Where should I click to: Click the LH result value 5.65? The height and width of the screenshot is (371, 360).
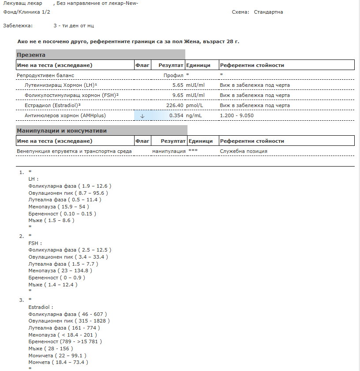coord(177,85)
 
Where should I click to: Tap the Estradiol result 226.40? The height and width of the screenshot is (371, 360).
coord(174,105)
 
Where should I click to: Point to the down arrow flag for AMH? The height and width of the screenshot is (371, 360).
coord(142,116)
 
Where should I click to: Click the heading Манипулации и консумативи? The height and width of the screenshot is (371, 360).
coord(61,131)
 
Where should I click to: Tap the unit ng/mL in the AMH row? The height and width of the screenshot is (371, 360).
coord(195,115)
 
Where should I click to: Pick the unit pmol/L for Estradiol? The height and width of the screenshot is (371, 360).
coord(195,105)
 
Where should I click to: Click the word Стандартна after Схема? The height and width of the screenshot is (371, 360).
coord(268,12)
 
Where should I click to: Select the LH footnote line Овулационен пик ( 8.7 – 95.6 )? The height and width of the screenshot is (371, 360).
coord(68,193)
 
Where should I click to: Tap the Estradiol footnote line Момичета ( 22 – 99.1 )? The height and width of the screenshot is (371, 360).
coord(57,355)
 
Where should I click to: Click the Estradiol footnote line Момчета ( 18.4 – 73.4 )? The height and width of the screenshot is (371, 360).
coord(58,362)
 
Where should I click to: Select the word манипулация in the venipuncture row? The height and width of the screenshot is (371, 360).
coord(169,151)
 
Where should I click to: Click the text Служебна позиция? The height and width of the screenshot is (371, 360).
coord(244,151)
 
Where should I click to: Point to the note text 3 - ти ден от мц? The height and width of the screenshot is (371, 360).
coord(74,26)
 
